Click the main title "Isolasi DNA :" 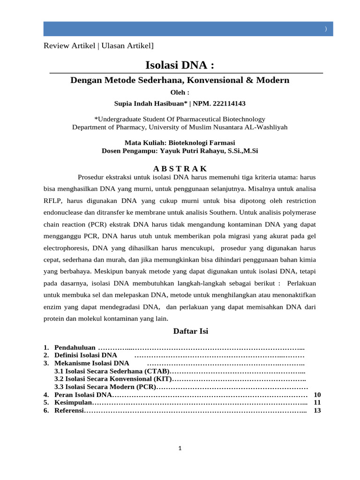(180, 64)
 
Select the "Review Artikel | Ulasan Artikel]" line (98, 45)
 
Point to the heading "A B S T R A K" (180, 169)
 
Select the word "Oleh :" (180, 92)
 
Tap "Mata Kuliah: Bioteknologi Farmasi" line (180, 142)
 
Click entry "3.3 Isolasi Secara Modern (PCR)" (105, 387)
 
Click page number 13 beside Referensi (317, 410)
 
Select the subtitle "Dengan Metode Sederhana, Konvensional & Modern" (180, 80)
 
